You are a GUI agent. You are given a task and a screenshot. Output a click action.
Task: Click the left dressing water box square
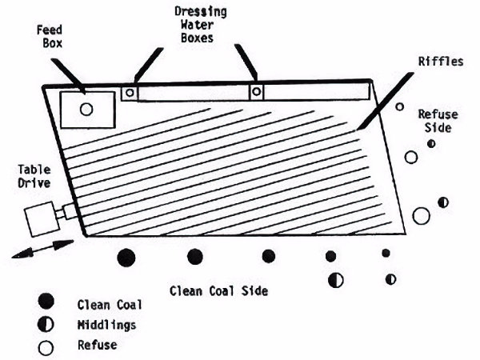click(x=128, y=92)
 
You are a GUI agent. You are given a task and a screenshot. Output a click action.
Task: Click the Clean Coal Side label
click(x=218, y=290)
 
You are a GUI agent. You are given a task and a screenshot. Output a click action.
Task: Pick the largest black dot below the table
click(x=126, y=258)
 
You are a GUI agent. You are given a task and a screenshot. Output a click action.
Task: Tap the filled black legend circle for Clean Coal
click(x=46, y=302)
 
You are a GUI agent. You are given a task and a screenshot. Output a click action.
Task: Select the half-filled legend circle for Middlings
click(x=46, y=324)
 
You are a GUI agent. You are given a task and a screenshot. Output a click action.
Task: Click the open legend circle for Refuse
click(x=46, y=346)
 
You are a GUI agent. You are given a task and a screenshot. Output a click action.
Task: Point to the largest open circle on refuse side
click(x=421, y=214)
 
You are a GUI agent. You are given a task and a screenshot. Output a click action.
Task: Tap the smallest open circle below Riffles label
click(x=399, y=106)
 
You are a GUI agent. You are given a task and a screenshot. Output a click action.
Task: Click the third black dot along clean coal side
click(x=269, y=256)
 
